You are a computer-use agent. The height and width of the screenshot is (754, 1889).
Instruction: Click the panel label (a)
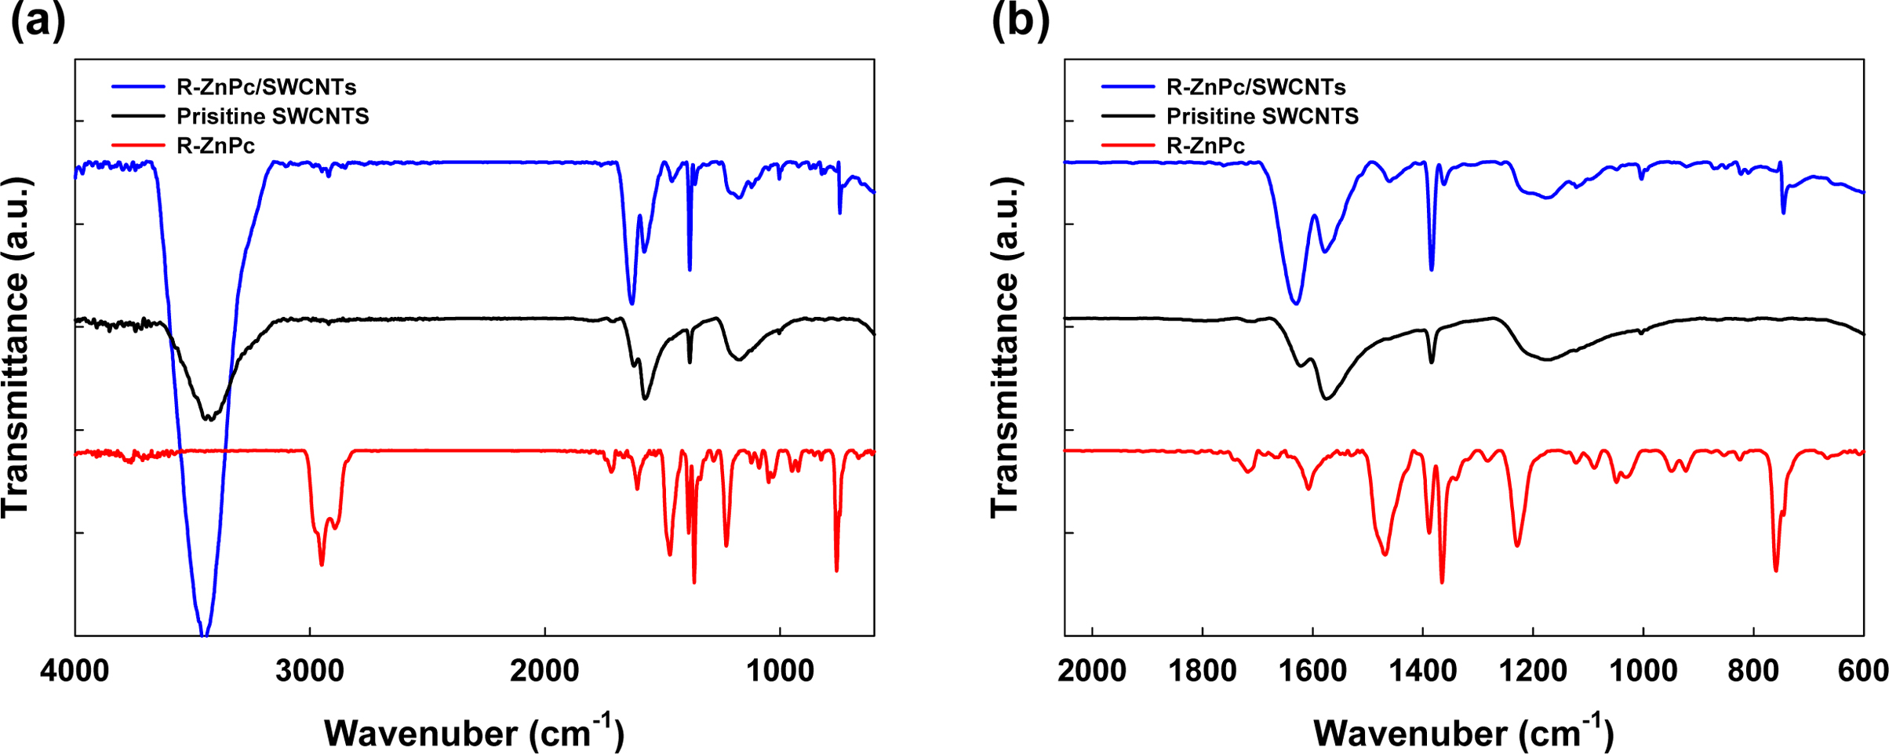tap(38, 20)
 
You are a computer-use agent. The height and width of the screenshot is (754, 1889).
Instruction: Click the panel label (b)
tap(1020, 20)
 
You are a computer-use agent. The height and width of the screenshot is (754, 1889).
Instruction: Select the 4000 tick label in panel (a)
tap(75, 672)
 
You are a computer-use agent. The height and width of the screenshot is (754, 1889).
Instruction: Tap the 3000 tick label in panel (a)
tap(310, 672)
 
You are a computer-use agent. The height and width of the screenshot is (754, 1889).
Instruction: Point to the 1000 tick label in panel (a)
tap(780, 672)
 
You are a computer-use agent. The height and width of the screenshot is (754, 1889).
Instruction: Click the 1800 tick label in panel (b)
tap(1202, 672)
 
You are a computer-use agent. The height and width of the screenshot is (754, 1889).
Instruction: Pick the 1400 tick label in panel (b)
tap(1422, 672)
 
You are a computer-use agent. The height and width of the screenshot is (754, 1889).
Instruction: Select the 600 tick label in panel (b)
tap(1863, 672)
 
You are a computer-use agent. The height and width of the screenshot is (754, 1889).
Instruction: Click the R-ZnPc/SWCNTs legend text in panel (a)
tap(266, 87)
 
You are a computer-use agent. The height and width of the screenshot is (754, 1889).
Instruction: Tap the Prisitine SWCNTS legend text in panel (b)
tap(1262, 116)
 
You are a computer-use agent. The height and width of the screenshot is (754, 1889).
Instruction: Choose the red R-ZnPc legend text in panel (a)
tap(216, 146)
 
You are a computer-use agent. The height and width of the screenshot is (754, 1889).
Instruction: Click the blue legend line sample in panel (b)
tap(1128, 86)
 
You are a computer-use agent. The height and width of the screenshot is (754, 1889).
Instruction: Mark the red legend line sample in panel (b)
tap(1128, 145)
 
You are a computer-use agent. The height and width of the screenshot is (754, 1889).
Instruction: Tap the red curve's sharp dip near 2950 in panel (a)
tap(322, 563)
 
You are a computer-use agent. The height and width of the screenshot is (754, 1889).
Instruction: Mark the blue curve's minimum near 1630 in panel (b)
tap(1296, 303)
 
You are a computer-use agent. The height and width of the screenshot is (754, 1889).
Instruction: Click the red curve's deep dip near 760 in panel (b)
tap(1776, 570)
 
